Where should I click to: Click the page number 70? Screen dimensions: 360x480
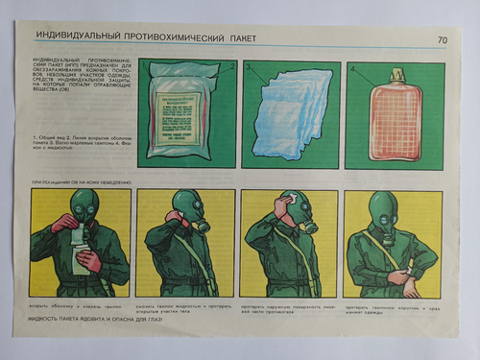tap(442, 39)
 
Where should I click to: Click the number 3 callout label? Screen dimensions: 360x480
tap(247, 70)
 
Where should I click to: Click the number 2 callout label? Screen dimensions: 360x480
tap(230, 68)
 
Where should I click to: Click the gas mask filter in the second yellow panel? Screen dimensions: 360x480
tap(204, 227)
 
